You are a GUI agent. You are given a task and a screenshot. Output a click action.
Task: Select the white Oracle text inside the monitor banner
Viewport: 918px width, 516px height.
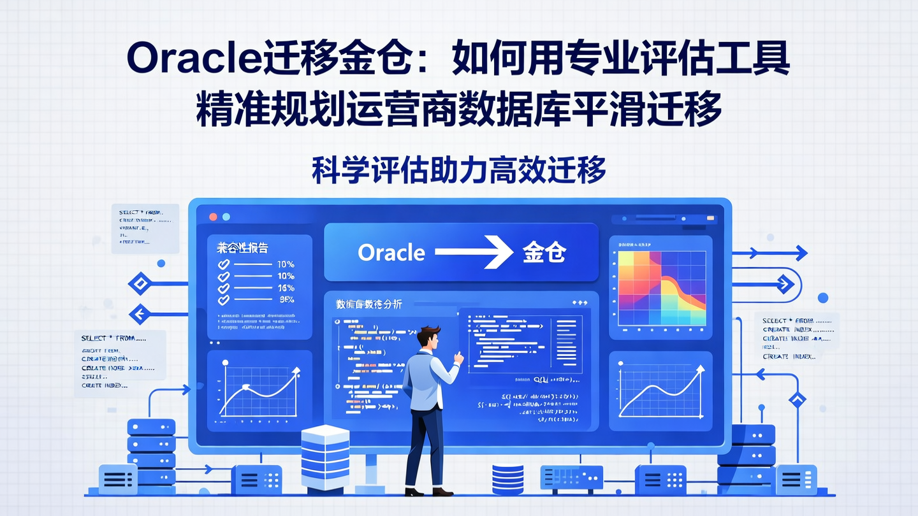(x=391, y=253)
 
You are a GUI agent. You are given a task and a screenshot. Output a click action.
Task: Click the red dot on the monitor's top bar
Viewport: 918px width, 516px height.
(x=214, y=217)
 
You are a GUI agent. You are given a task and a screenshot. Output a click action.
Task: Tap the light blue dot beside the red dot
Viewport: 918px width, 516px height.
(x=227, y=217)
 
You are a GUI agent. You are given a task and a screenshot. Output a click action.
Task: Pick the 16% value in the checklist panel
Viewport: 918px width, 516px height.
(x=286, y=288)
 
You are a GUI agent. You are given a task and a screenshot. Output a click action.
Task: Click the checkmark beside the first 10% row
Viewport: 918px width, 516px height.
(x=224, y=264)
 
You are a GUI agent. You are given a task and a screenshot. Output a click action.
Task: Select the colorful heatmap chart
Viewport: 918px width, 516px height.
(x=661, y=288)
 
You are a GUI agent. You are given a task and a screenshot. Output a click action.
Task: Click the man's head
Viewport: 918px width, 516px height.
(x=430, y=337)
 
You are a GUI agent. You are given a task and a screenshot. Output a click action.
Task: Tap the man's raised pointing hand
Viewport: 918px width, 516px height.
(x=458, y=358)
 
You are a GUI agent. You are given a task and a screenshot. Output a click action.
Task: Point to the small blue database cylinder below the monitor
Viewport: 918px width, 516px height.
(x=507, y=480)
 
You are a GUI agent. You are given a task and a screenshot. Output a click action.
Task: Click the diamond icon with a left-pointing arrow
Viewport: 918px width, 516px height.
(x=140, y=313)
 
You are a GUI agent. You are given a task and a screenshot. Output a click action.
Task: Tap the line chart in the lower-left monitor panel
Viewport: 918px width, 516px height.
(x=259, y=390)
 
